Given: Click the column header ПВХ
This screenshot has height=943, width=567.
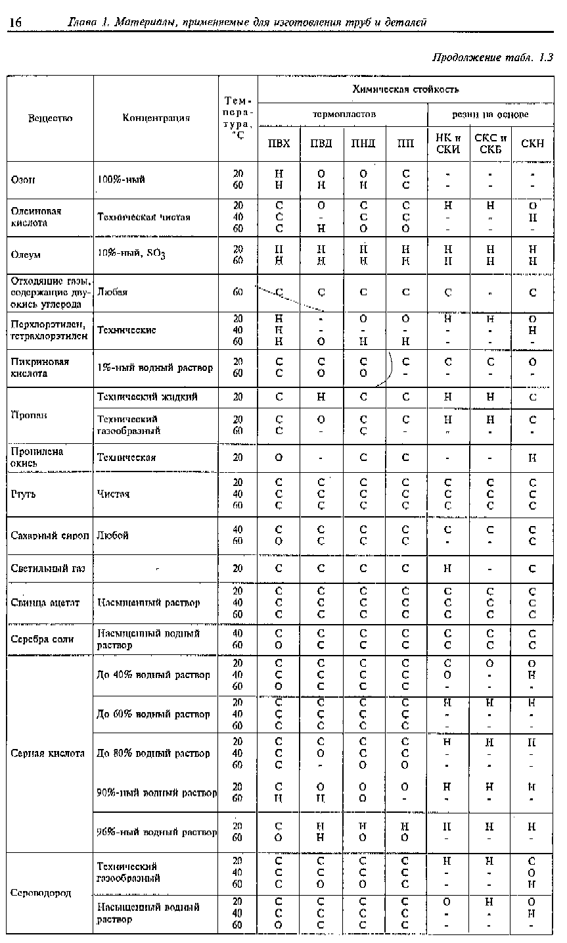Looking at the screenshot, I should (x=279, y=144).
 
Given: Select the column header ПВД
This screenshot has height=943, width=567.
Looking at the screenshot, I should (x=321, y=144).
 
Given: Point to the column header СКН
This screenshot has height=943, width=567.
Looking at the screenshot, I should (x=532, y=144).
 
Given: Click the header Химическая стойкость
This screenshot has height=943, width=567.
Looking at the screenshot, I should (x=405, y=89).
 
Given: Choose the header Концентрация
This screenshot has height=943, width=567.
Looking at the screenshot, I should (x=156, y=118).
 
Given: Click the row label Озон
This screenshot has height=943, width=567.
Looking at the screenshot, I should (x=24, y=180).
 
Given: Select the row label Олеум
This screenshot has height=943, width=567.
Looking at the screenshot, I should (x=26, y=254).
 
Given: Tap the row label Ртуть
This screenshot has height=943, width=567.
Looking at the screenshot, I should (x=24, y=494).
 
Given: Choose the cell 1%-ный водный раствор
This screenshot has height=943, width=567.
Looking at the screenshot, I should (x=155, y=368).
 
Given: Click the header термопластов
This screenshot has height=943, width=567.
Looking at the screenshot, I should (x=344, y=114).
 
